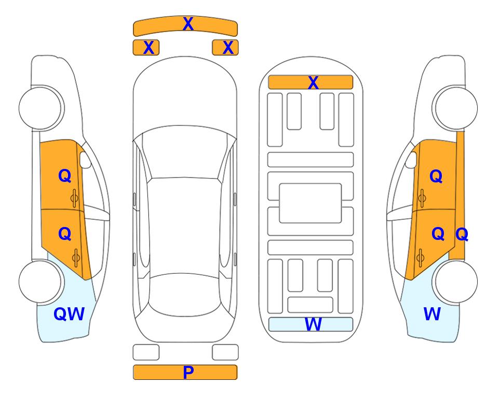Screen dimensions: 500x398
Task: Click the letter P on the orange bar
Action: tap(188, 372)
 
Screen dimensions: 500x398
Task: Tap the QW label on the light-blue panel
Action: tap(69, 314)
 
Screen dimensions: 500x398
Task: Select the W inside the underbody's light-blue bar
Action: tap(313, 324)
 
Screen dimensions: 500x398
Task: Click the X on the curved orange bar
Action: tap(188, 24)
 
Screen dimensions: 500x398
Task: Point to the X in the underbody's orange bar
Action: tap(313, 82)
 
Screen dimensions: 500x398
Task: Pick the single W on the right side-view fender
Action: tap(432, 314)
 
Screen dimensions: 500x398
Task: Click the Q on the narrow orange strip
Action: tap(462, 234)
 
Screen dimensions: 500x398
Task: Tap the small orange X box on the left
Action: tap(146, 48)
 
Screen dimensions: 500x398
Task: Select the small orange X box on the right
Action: tap(225, 48)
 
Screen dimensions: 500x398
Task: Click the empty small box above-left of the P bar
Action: tap(146, 352)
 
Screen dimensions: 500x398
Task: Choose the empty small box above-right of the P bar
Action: tap(225, 352)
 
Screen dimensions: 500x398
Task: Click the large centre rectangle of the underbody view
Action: tap(310, 203)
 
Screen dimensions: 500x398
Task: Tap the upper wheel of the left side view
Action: tap(40, 108)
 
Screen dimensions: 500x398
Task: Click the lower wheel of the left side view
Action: tap(40, 281)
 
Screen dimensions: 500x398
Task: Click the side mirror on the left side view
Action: tap(85, 160)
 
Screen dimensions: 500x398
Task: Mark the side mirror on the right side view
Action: tap(411, 160)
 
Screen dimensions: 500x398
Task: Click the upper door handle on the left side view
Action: tap(74, 198)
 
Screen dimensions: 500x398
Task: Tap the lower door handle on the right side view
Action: tap(421, 258)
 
